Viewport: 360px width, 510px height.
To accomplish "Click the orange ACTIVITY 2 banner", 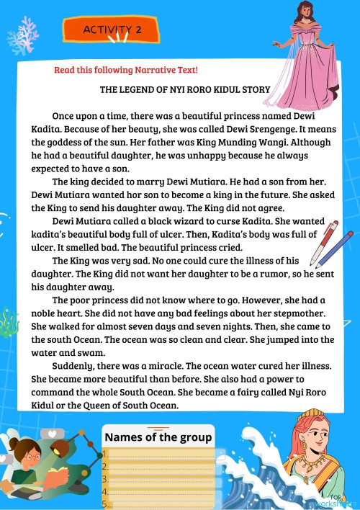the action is pos(113,30).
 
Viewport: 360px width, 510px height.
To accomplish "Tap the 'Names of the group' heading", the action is pos(158,437).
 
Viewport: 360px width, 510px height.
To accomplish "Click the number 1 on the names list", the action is pos(105,454).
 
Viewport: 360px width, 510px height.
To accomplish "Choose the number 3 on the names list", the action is pos(105,479).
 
